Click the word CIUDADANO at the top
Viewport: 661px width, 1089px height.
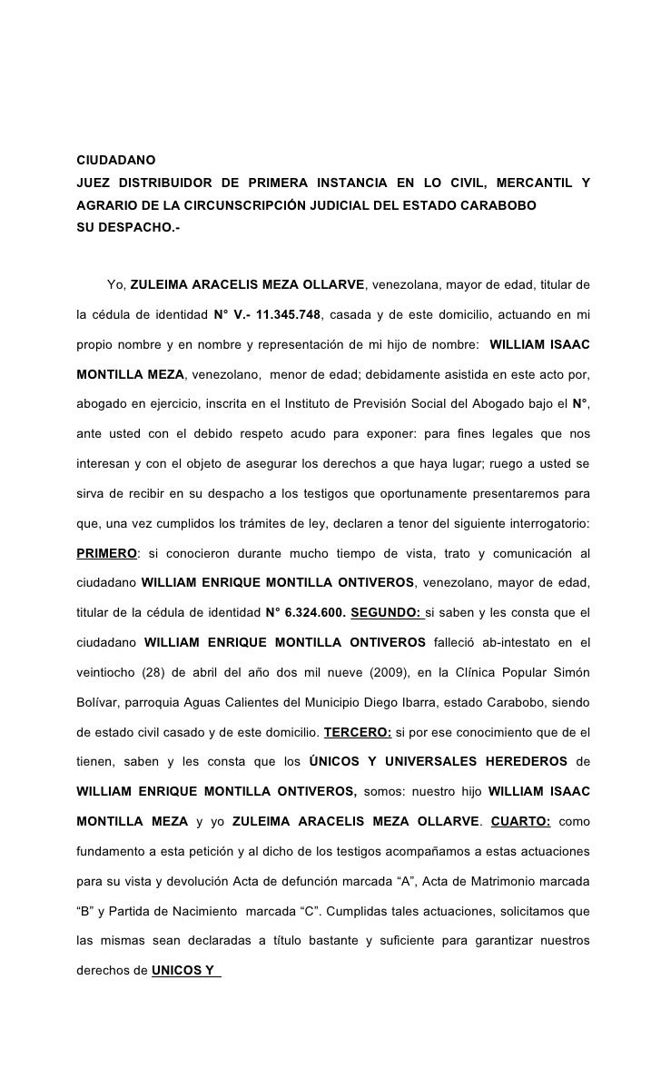116,161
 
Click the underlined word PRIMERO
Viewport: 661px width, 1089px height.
106,553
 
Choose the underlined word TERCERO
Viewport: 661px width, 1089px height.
358,730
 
